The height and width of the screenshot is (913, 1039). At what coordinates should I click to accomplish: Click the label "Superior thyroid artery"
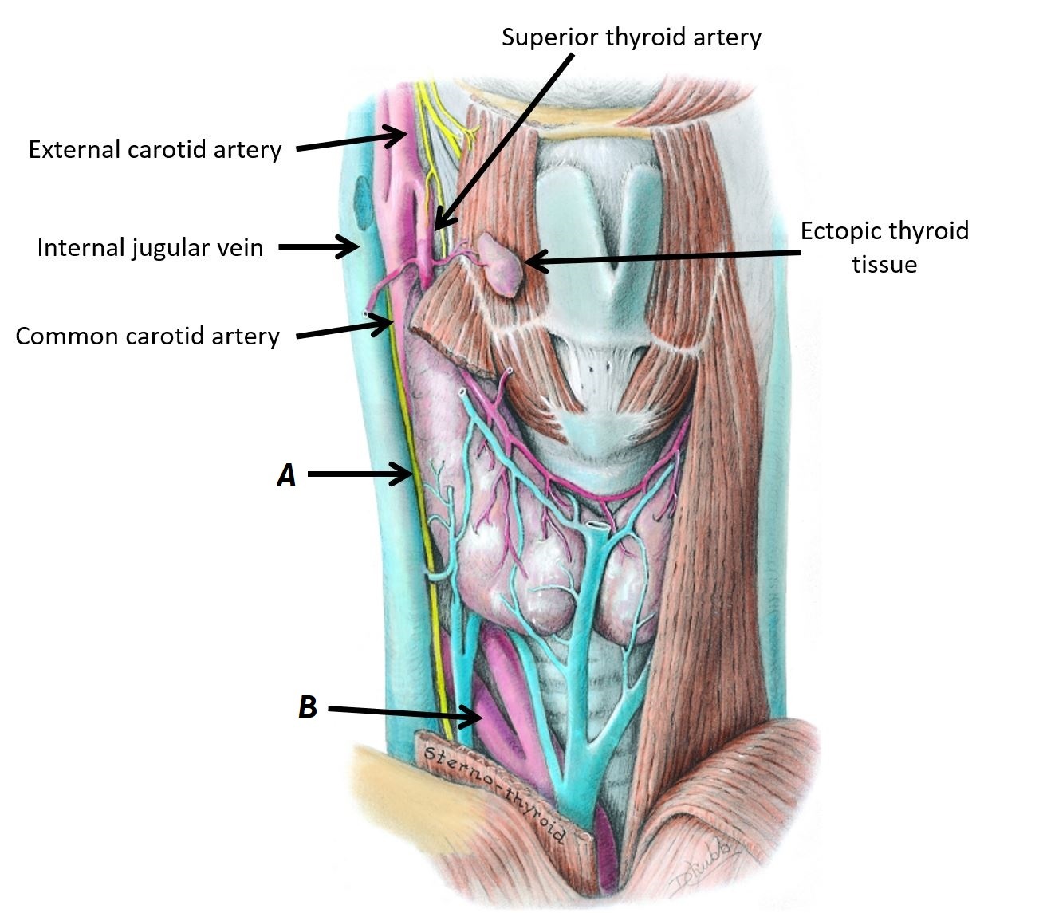tap(631, 37)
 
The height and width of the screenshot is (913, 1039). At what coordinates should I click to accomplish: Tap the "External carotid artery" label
tap(155, 150)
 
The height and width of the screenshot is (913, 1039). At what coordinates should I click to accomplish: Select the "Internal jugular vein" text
tap(150, 248)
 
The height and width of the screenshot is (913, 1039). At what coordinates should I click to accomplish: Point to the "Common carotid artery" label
tap(148, 336)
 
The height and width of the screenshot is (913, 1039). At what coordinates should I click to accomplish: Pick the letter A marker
tap(285, 475)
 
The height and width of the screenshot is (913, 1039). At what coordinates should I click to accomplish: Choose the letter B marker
tap(307, 707)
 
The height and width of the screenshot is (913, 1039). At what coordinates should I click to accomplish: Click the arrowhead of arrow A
tap(406, 476)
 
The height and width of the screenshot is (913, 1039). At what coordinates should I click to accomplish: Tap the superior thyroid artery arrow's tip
tap(438, 226)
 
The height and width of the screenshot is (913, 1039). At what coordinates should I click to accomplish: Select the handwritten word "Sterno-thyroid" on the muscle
tap(494, 793)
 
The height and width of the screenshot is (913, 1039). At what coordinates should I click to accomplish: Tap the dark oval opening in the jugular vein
tap(363, 201)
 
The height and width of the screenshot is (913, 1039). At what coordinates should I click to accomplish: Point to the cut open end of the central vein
tap(597, 527)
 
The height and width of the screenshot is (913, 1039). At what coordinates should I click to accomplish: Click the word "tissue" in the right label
tap(884, 264)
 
